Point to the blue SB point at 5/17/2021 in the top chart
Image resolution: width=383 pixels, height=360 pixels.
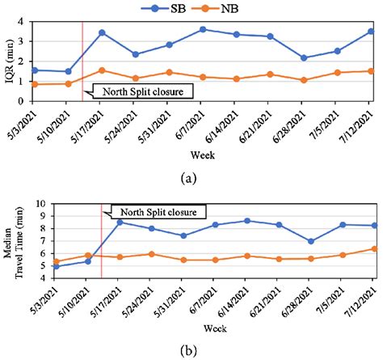[102, 32]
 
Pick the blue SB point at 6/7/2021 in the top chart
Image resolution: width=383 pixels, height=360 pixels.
[203, 29]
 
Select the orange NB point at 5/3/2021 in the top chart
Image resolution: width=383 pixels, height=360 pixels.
[34, 84]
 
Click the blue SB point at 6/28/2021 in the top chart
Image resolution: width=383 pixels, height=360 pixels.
[304, 57]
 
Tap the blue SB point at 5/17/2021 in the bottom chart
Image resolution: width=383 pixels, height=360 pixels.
[120, 222]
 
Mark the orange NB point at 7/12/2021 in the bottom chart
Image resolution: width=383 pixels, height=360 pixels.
[372, 248]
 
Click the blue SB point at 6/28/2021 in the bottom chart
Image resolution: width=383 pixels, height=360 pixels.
[309, 241]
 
